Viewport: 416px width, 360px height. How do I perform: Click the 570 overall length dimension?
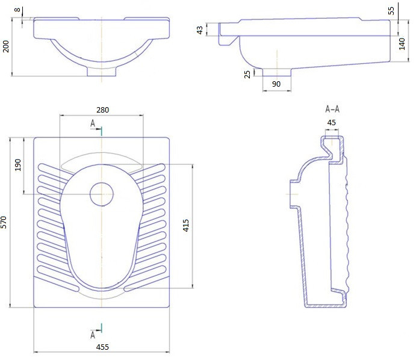click(x=4, y=222)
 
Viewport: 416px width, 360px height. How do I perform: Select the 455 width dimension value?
click(x=102, y=347)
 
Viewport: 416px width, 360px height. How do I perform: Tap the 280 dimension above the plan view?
click(x=103, y=110)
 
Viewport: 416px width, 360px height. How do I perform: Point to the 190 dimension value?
click(x=18, y=165)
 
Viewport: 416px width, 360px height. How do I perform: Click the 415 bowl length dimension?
click(x=186, y=225)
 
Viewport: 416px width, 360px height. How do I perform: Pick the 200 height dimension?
click(x=5, y=46)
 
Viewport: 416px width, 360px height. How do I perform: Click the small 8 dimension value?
click(x=17, y=10)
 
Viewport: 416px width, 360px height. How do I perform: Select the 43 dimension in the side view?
click(x=199, y=29)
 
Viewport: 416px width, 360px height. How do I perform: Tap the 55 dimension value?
click(x=391, y=11)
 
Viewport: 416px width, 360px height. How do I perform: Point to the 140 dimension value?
click(x=402, y=44)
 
